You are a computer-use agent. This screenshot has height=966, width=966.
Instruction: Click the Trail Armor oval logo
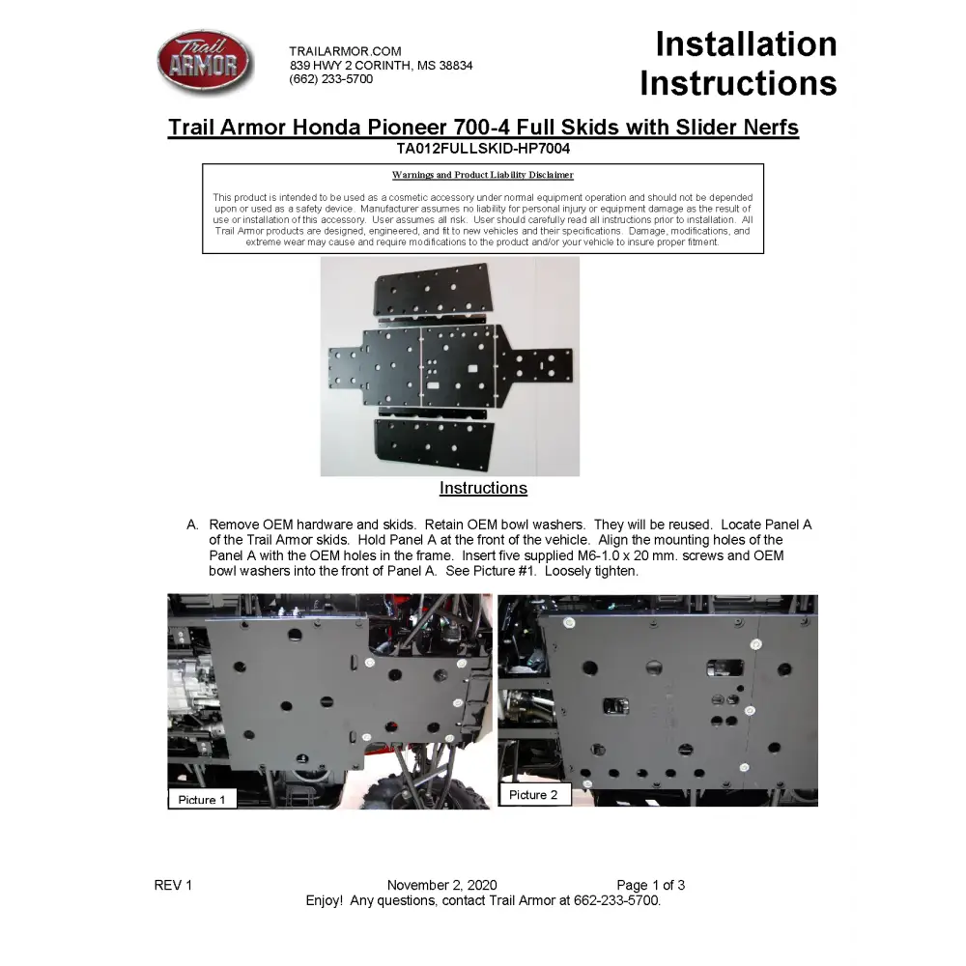[204, 61]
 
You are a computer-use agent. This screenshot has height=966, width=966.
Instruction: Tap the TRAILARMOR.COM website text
[345, 51]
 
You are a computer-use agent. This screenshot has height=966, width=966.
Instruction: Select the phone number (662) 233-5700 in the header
[330, 79]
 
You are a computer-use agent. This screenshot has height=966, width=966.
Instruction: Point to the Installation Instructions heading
[738, 64]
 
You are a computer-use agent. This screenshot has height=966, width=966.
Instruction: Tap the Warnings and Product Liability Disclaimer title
[482, 175]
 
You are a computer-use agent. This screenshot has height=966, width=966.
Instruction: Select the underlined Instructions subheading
[483, 488]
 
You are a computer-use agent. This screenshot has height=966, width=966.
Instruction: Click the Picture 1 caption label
[203, 800]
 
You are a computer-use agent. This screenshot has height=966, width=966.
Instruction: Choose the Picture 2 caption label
[533, 795]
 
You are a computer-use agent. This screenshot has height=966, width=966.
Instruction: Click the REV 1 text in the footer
[174, 885]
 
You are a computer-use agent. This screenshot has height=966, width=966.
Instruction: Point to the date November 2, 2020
[441, 885]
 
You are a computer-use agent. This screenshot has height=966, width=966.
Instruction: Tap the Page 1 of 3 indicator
[651, 885]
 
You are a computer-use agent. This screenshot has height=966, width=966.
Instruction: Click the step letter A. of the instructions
[193, 525]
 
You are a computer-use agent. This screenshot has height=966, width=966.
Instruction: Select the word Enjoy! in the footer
[324, 900]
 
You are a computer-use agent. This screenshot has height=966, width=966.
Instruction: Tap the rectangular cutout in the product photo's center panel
[473, 368]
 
